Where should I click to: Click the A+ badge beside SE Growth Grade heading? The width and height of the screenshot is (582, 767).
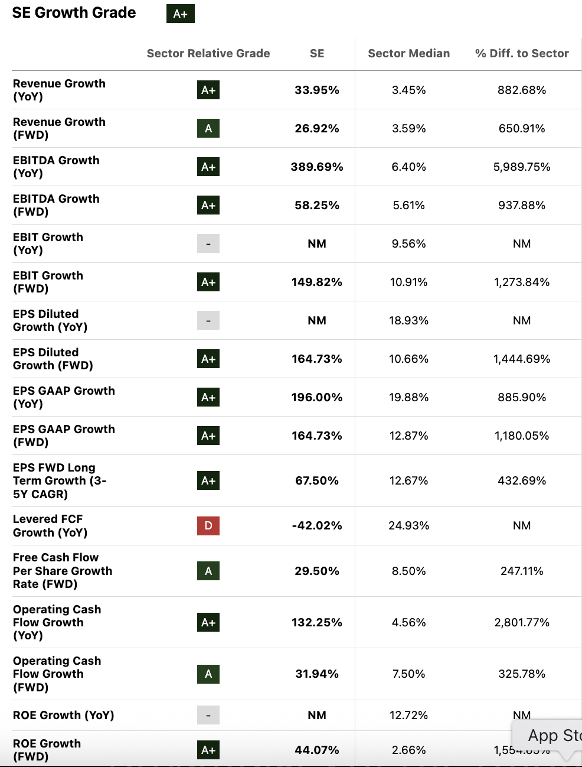click(x=180, y=14)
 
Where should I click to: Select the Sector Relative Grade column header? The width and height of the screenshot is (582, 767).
click(x=208, y=53)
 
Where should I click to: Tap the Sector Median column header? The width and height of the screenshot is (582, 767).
click(x=408, y=53)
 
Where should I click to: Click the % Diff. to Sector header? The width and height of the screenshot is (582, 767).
click(x=521, y=53)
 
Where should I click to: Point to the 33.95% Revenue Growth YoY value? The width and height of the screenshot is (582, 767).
click(x=316, y=90)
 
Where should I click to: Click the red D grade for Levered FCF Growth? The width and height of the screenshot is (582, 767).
click(x=208, y=525)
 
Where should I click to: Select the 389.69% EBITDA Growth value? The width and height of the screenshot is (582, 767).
click(x=316, y=167)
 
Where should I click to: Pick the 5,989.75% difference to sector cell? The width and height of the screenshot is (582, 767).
click(x=521, y=167)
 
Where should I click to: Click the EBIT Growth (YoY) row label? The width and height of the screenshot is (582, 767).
click(x=48, y=243)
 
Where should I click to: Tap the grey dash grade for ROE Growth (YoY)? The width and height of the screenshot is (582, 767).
click(x=208, y=715)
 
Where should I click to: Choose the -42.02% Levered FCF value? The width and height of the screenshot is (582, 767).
click(x=316, y=525)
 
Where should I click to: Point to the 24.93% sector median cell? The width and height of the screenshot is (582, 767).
click(x=408, y=525)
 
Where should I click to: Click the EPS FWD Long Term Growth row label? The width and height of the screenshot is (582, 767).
click(x=59, y=480)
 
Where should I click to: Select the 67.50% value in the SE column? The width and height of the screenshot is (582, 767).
click(x=316, y=480)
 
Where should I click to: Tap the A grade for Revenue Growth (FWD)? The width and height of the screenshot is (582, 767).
click(x=208, y=128)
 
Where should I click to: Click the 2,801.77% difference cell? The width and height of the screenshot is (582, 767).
click(x=521, y=622)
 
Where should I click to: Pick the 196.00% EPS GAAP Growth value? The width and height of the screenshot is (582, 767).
click(x=316, y=397)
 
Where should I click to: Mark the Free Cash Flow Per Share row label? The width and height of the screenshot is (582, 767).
click(x=62, y=571)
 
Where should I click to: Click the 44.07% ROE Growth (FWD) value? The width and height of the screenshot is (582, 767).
click(x=316, y=750)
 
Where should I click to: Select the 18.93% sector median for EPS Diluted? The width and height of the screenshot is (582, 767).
click(x=408, y=320)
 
